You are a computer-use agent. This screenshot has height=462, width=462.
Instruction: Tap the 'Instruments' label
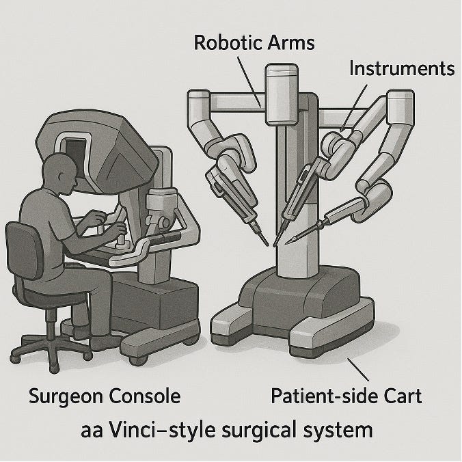[x=401, y=68]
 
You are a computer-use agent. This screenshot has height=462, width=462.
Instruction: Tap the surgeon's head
[x=60, y=172]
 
